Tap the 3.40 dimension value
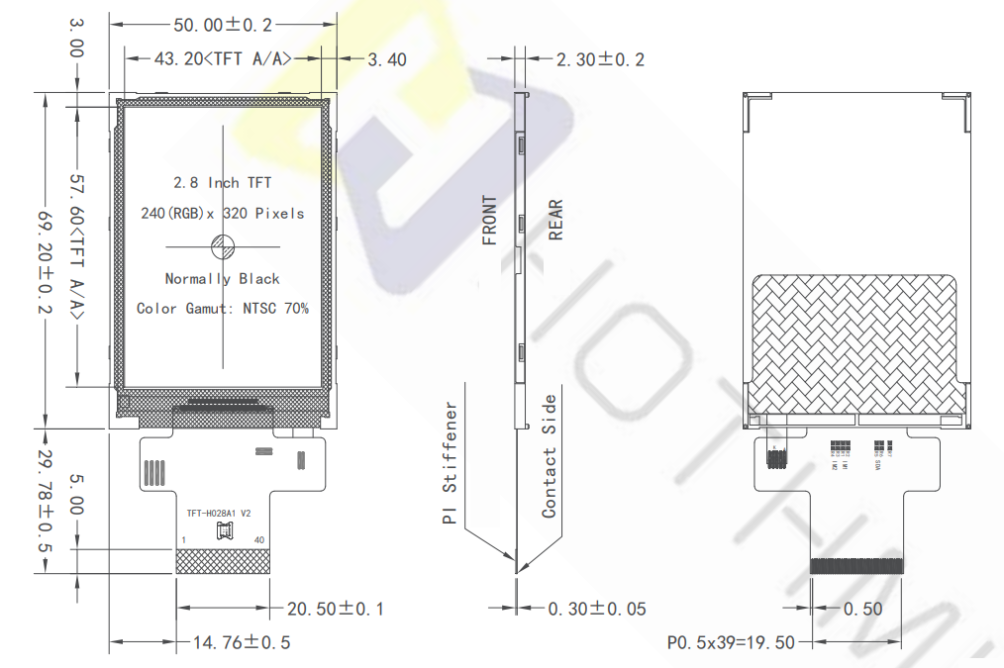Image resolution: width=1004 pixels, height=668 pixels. (x=386, y=59)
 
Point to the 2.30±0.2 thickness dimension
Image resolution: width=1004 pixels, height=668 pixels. (x=599, y=59)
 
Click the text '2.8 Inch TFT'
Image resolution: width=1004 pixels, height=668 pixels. (x=222, y=183)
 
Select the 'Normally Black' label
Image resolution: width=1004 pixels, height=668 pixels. (x=222, y=279)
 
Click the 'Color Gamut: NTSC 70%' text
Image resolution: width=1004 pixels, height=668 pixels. (x=222, y=309)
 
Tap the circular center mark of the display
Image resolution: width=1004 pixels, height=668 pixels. (x=222, y=245)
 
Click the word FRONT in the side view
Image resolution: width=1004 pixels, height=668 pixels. (x=490, y=220)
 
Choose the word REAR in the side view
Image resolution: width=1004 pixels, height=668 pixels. (x=555, y=220)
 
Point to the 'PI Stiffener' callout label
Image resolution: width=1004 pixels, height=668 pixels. (x=451, y=462)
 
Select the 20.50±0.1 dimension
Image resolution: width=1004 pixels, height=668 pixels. (x=335, y=608)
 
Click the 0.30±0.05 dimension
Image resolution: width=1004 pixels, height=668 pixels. (x=596, y=609)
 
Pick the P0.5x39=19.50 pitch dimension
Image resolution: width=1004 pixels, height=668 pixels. (x=730, y=642)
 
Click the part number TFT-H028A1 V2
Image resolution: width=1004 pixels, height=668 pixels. (x=219, y=514)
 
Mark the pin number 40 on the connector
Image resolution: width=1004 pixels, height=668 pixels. (x=259, y=539)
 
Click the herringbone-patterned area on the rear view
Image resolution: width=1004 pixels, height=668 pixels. (x=856, y=341)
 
